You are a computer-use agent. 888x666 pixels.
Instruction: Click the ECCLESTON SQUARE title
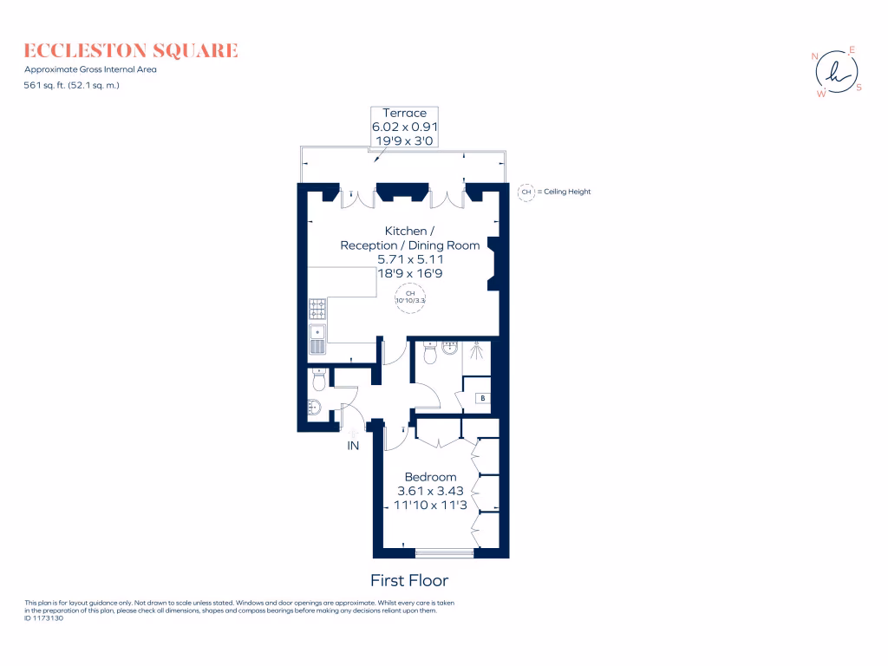(x=131, y=50)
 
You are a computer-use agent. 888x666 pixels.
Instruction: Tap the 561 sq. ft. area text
(x=72, y=85)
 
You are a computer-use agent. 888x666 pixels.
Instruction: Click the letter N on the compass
(x=815, y=56)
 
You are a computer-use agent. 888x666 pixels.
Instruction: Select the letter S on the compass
(x=859, y=87)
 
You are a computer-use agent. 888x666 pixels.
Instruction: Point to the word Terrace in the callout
(x=405, y=113)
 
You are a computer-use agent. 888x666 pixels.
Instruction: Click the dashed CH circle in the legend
(x=526, y=192)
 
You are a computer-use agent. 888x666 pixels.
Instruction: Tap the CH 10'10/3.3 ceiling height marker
(x=411, y=297)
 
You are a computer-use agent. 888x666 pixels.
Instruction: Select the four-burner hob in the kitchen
(x=317, y=308)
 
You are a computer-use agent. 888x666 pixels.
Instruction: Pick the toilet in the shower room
(x=428, y=355)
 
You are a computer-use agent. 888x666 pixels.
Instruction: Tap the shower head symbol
(x=476, y=351)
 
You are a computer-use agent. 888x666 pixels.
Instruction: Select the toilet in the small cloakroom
(x=318, y=380)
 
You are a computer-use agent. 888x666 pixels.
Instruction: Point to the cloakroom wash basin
(x=314, y=408)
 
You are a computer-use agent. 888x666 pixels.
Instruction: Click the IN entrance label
(x=353, y=446)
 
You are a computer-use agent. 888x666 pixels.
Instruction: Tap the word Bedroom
(x=431, y=477)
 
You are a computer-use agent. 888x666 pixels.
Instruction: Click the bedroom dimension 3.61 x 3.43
(x=431, y=491)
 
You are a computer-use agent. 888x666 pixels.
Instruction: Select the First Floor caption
(x=409, y=580)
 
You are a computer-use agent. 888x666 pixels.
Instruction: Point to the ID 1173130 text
(x=44, y=618)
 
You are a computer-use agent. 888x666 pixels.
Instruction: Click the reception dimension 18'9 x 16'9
(x=411, y=272)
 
